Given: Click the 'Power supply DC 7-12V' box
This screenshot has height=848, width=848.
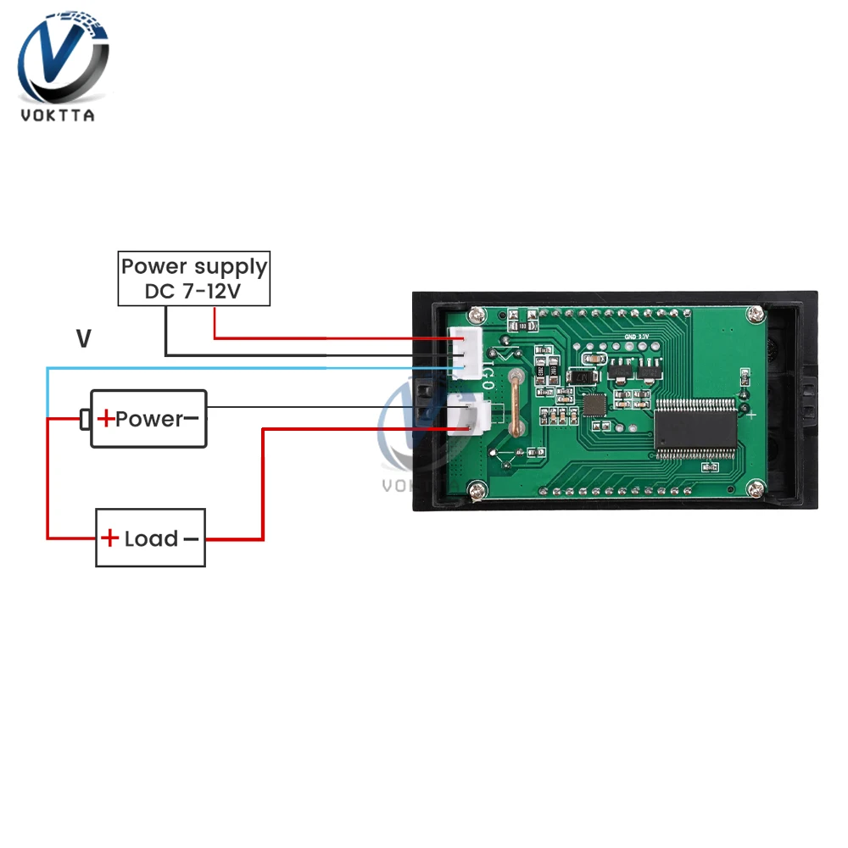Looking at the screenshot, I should coord(193,278).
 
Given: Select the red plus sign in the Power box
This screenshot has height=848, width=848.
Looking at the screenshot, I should coord(106,419).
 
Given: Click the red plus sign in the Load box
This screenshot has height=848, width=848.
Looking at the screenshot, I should coord(110,538).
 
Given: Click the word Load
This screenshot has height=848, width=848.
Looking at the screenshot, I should coord(151,539).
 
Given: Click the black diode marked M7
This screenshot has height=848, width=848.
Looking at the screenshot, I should coord(583,377).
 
